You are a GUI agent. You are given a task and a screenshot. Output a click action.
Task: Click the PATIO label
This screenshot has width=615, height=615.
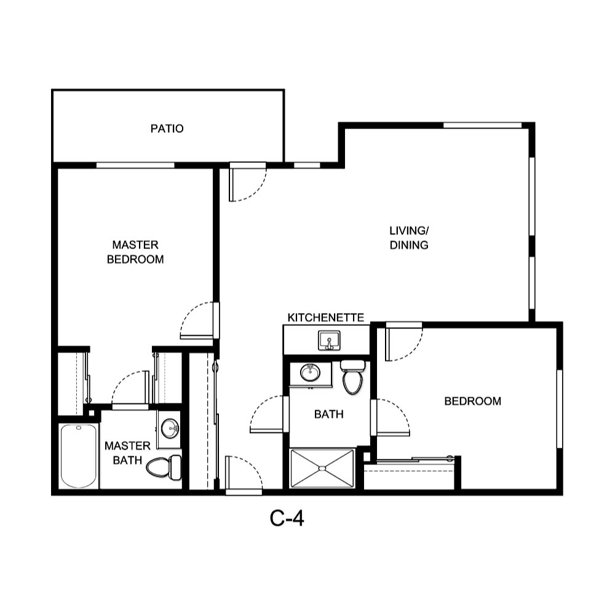coord(167,129)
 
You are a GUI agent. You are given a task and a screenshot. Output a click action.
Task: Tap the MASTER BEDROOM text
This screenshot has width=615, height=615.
coord(135,252)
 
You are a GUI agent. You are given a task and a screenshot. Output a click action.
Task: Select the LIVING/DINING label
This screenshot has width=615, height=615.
coord(409,238)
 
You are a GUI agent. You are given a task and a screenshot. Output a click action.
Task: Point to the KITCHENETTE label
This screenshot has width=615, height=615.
coord(325,318)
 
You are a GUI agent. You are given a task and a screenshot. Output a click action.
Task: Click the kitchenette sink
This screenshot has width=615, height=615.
coord(329,340)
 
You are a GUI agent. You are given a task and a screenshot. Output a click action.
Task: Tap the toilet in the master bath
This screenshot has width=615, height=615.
coord(164,467)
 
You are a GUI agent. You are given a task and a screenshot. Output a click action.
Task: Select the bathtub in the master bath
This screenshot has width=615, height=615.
coord(79,456)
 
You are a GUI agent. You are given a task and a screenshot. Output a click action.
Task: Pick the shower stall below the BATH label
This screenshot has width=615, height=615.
coord(322,469)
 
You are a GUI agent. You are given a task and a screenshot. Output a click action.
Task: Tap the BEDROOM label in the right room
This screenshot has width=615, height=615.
coord(472,402)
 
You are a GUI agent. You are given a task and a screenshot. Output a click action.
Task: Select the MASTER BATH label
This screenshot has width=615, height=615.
coord(127,453)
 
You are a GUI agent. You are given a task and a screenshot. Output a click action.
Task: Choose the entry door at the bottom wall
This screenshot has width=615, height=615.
coord(244,474)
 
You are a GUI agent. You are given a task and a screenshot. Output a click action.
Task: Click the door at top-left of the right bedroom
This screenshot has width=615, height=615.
coord(403,342)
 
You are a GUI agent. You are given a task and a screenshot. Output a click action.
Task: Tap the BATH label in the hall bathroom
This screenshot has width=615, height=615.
coord(328,415)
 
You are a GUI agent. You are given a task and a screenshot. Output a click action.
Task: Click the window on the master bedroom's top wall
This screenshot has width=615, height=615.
coord(135,165)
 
